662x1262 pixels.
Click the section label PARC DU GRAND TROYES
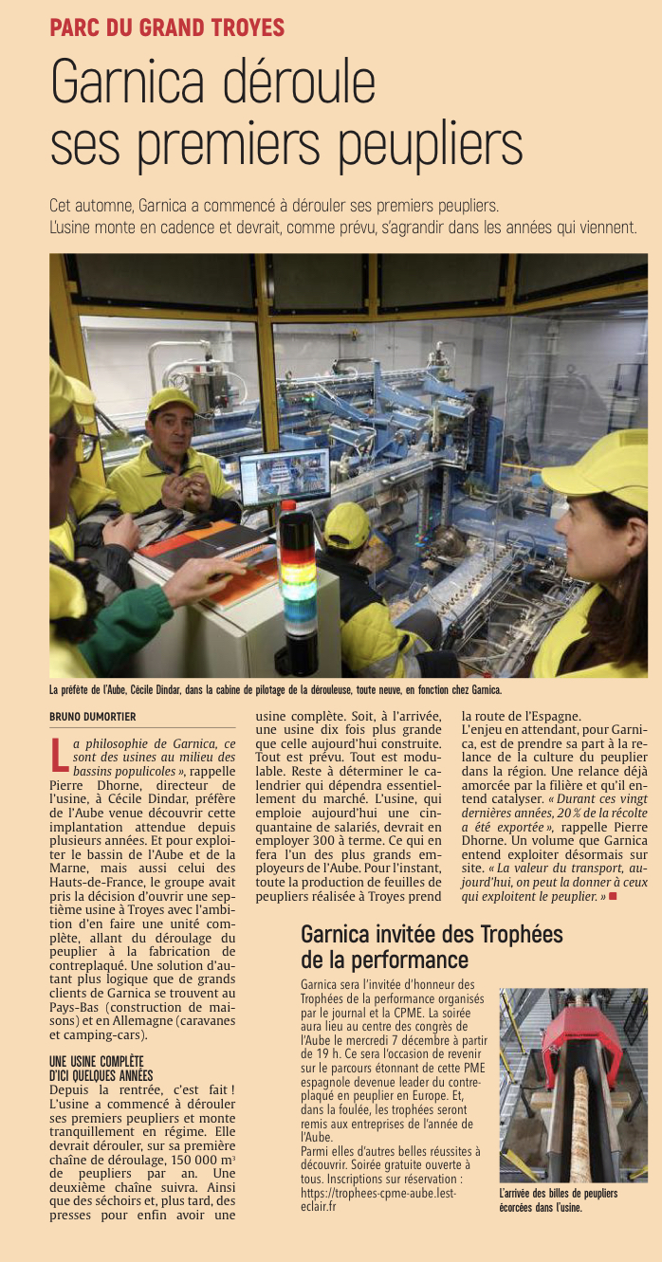(167, 27)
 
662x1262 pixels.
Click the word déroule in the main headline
(301, 84)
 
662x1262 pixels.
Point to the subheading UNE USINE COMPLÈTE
(96, 1061)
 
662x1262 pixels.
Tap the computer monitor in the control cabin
(284, 477)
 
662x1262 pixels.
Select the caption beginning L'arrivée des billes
(558, 1200)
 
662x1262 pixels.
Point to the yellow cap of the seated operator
(347, 524)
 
